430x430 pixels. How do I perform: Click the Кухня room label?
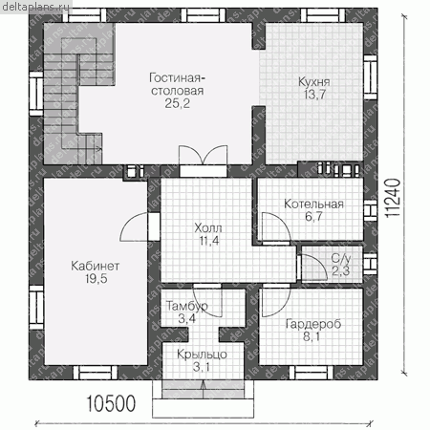pyautogui.click(x=313, y=82)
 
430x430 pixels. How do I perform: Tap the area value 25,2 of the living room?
pyautogui.click(x=177, y=103)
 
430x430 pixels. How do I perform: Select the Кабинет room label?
pyautogui.click(x=96, y=266)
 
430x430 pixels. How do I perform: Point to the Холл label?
pyautogui.click(x=208, y=228)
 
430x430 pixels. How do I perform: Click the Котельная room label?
pyautogui.click(x=313, y=204)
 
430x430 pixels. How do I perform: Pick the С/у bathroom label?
pyautogui.click(x=341, y=258)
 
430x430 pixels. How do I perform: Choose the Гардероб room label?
pyautogui.click(x=313, y=324)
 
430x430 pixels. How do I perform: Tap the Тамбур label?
pyautogui.click(x=187, y=306)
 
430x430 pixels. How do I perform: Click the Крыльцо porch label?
pyautogui.click(x=202, y=355)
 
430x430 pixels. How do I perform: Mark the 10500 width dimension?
pyautogui.click(x=111, y=403)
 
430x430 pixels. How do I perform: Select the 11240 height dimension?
pyautogui.click(x=393, y=198)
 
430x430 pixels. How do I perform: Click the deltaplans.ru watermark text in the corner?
pyautogui.click(x=35, y=7)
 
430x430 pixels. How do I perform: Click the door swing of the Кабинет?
pyautogui.click(x=135, y=227)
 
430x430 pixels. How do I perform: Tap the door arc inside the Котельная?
pyautogui.click(x=276, y=226)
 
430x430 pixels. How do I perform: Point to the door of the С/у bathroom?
pyautogui.click(x=314, y=267)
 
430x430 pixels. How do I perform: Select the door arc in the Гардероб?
pyautogui.click(x=276, y=302)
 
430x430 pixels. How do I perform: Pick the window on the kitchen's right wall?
pyautogui.click(x=370, y=77)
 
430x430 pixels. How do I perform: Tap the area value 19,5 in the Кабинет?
pyautogui.click(x=96, y=279)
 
